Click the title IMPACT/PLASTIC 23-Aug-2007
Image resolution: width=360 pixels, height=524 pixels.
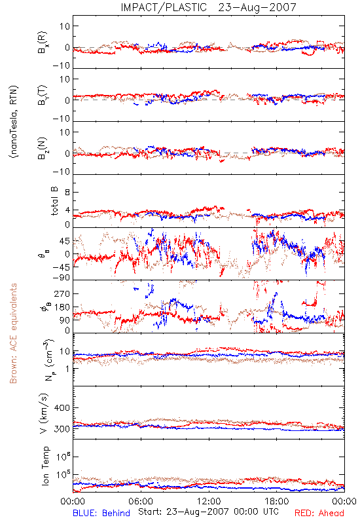[x=208, y=7]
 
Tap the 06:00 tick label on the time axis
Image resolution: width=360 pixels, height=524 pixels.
[x=141, y=501]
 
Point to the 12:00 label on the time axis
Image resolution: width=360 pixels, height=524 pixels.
[x=209, y=501]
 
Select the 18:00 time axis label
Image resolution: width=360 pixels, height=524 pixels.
[x=277, y=501]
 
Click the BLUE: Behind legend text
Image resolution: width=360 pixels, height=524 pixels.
[x=101, y=513]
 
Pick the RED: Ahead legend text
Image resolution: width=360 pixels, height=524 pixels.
[x=319, y=513]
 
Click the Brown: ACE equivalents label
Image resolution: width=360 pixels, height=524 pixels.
[x=13, y=333]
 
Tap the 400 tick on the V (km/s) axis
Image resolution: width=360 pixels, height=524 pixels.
[x=62, y=408]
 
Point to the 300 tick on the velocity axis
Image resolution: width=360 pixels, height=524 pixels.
[x=62, y=429]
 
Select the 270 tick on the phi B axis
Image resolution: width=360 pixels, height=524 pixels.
[x=62, y=293]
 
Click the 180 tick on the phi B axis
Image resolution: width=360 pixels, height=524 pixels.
[x=62, y=307]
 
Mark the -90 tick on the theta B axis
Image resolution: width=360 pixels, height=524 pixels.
[x=61, y=278]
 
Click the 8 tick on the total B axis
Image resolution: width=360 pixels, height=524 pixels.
[x=67, y=193]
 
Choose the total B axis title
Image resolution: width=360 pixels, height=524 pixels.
[x=55, y=201]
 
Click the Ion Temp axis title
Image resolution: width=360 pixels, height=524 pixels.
[x=46, y=466]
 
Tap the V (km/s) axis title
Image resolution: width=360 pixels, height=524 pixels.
[x=44, y=413]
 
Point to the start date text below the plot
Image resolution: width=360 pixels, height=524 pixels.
[x=208, y=512]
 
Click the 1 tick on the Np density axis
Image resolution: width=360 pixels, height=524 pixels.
[x=68, y=369]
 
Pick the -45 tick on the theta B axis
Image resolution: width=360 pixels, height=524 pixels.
[x=61, y=267]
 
